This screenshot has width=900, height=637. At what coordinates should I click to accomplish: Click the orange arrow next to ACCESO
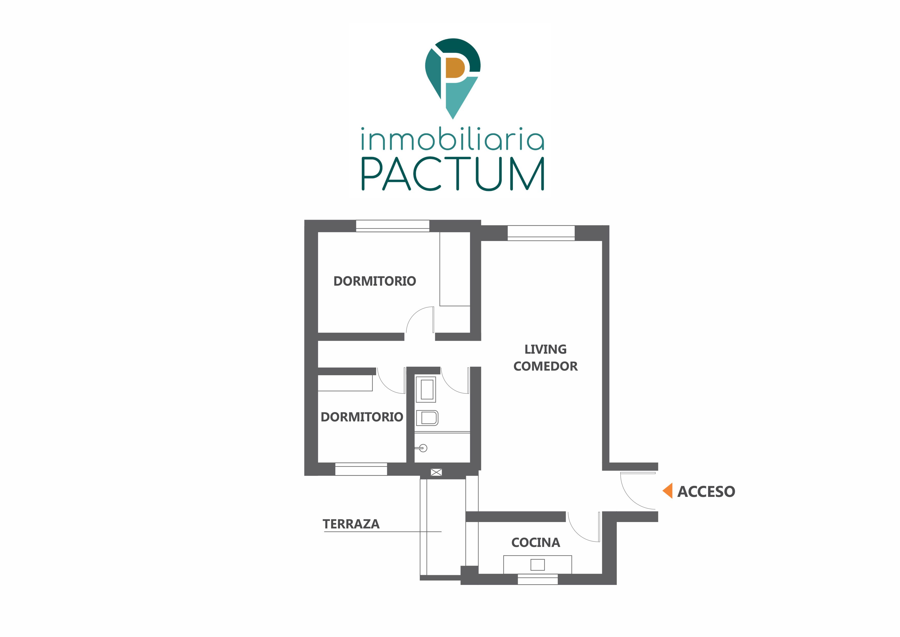click(668, 491)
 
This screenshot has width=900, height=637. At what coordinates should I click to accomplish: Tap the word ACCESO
click(706, 491)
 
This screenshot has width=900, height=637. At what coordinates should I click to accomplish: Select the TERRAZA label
click(351, 524)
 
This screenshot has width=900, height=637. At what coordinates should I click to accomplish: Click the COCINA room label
click(536, 543)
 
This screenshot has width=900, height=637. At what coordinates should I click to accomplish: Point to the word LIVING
click(546, 349)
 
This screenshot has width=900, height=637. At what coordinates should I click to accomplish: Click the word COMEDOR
click(546, 366)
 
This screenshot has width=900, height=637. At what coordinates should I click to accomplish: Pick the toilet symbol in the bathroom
click(427, 418)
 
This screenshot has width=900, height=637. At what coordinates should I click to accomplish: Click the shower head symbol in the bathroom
click(423, 448)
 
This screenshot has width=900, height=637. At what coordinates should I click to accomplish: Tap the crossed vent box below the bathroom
click(436, 472)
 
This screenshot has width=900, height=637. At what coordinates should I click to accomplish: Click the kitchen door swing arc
click(577, 533)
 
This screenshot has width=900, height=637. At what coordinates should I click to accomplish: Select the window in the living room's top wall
click(541, 233)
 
